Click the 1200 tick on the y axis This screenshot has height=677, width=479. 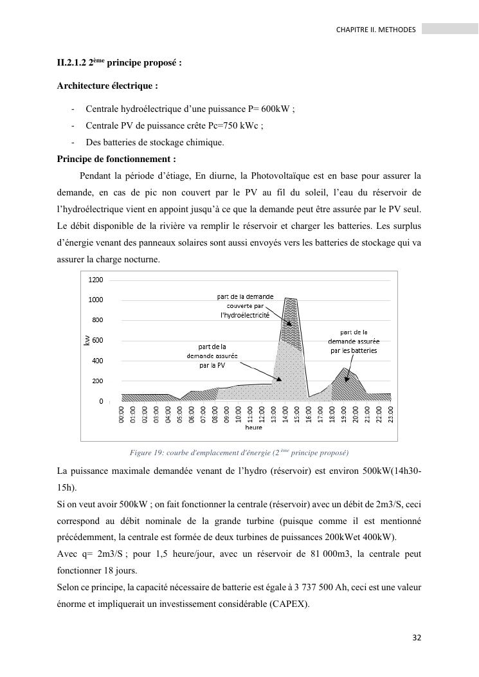click(x=95, y=280)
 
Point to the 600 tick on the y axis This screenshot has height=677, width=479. click(x=97, y=340)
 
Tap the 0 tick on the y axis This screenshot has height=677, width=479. click(x=100, y=401)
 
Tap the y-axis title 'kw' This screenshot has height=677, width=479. click(x=86, y=341)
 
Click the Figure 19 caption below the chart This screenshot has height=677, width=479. click(x=239, y=453)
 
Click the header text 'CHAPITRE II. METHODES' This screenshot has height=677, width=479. click(x=376, y=30)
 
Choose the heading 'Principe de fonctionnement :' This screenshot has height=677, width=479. click(x=116, y=159)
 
